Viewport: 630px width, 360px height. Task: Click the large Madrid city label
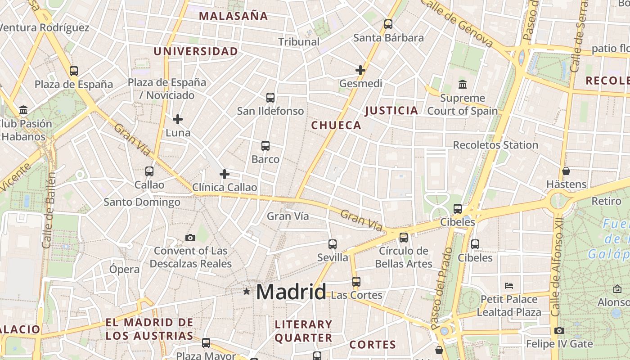(x=291, y=292)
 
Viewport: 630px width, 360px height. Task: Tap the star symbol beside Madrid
(x=246, y=291)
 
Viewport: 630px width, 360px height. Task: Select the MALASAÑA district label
(x=233, y=16)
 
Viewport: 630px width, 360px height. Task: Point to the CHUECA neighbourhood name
(x=336, y=126)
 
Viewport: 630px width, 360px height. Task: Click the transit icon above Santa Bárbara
(x=388, y=24)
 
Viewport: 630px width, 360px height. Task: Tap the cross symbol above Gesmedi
(x=360, y=70)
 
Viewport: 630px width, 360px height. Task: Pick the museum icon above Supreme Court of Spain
(x=462, y=84)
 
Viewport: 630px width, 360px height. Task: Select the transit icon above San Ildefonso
(x=270, y=98)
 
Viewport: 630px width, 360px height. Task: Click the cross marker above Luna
(x=178, y=119)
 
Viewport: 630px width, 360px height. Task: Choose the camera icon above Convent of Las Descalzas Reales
(x=190, y=238)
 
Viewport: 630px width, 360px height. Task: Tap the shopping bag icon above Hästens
(x=566, y=171)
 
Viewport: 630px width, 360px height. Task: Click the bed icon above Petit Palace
(x=509, y=286)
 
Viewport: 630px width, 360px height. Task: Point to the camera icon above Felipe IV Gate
(x=559, y=331)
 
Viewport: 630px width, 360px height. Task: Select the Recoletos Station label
(x=495, y=145)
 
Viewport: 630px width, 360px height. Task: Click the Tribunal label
(x=299, y=42)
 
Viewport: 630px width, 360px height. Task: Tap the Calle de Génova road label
(x=457, y=22)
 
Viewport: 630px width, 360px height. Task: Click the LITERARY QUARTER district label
(x=303, y=331)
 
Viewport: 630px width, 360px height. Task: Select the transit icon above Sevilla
(x=333, y=244)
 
